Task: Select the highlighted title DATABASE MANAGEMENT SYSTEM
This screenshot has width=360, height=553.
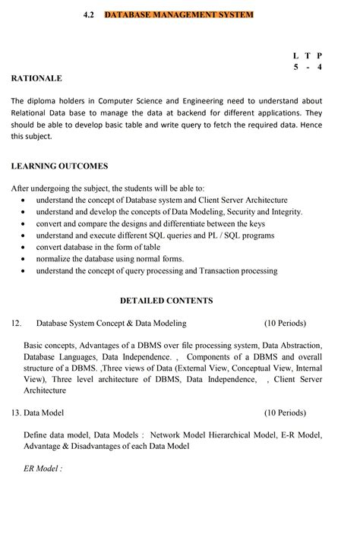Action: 178,14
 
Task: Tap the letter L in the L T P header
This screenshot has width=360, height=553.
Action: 295,55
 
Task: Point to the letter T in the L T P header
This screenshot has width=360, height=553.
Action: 307,55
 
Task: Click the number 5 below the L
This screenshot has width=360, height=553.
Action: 295,67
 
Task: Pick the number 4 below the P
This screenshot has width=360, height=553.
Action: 320,67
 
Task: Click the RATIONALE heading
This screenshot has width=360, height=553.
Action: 36,77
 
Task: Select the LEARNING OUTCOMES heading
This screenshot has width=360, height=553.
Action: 59,166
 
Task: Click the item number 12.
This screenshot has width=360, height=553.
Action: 16,323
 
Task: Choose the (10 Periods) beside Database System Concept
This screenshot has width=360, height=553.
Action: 285,323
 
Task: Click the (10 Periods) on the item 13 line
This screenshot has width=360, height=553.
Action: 285,413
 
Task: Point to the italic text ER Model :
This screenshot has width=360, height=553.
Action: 43,469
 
